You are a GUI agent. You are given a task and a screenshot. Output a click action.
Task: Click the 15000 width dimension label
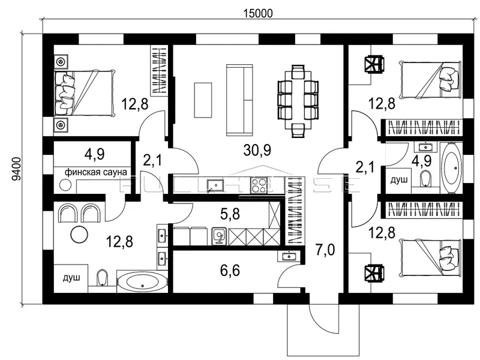257,14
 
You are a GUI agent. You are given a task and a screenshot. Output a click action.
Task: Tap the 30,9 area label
257,151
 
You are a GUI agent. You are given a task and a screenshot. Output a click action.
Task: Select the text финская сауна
96,172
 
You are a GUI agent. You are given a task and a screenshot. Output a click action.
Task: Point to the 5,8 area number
230,214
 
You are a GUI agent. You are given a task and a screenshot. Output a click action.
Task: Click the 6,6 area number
230,270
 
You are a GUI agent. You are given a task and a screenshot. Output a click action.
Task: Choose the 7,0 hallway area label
325,250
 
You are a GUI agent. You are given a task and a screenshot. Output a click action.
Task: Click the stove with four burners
259,185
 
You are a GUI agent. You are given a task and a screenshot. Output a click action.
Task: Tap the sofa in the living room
239,100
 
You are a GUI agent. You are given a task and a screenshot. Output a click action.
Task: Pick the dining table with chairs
298,101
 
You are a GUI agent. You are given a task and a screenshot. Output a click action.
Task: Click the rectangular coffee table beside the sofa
203,100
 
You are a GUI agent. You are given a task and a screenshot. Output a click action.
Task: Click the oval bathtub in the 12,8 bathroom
143,282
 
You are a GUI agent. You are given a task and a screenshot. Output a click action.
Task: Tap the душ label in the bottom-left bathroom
71,278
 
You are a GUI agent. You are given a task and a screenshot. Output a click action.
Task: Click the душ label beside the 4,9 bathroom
399,180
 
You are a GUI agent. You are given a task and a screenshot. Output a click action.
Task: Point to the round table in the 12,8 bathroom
80,235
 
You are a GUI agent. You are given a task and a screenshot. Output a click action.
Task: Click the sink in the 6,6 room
289,256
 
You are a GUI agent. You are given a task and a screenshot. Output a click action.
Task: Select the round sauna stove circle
65,185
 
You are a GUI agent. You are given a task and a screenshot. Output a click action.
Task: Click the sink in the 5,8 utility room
219,236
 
